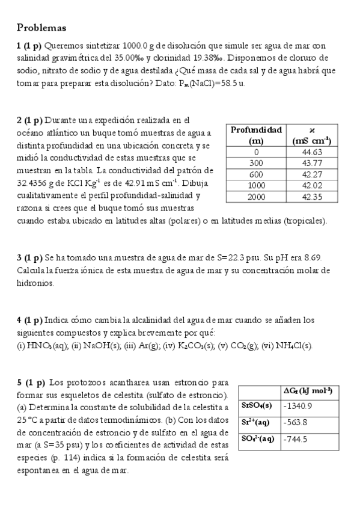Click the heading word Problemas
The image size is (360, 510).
[x=41, y=28]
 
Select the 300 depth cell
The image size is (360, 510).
[x=256, y=164]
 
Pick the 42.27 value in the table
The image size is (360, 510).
[x=312, y=174]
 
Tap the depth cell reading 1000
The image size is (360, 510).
[x=256, y=185]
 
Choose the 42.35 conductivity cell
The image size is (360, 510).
[x=312, y=196]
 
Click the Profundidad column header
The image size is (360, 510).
[x=256, y=130]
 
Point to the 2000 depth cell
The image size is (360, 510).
[x=256, y=196]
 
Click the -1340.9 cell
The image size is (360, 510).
[x=298, y=406]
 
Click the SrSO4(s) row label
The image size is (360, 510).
[x=257, y=406]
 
